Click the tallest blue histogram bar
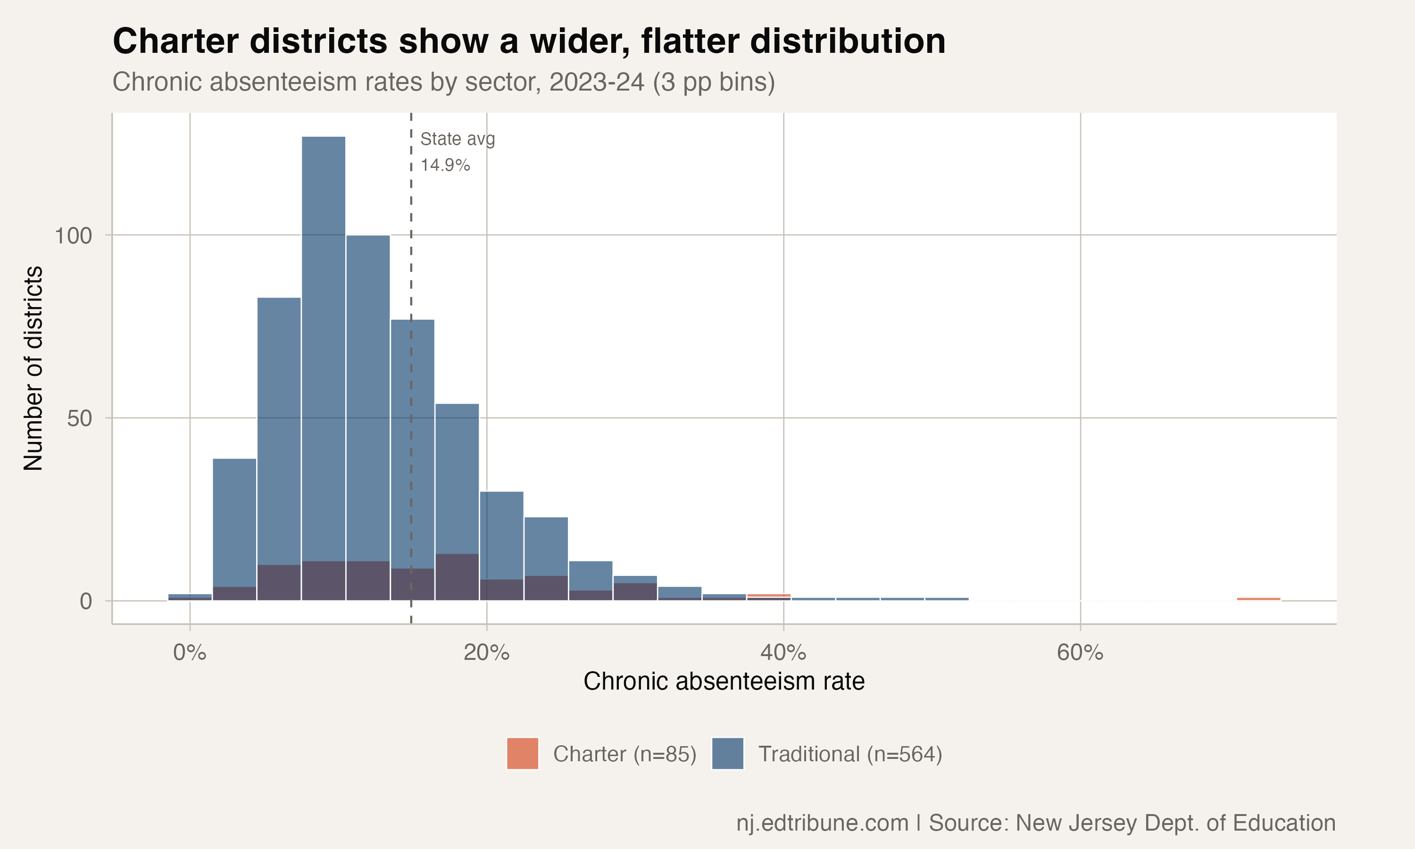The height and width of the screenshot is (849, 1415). [323, 343]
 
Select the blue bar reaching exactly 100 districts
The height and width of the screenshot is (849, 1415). [368, 395]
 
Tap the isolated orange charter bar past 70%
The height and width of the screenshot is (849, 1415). [1258, 599]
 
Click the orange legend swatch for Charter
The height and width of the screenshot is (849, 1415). [522, 753]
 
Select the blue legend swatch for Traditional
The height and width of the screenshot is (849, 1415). [727, 753]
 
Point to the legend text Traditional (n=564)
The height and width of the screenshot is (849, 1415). [850, 754]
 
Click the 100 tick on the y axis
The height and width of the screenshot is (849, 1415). [73, 235]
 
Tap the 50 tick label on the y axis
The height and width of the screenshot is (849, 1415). [79, 418]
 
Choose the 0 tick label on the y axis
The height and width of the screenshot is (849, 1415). [86, 601]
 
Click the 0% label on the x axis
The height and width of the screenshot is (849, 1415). [189, 652]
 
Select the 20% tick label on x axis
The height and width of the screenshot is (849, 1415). [486, 652]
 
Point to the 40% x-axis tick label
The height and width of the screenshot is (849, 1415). [783, 652]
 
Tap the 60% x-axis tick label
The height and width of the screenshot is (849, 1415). [1080, 652]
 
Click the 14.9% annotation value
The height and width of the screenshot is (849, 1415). [445, 166]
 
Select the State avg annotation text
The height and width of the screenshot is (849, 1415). [458, 139]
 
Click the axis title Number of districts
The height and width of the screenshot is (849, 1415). [33, 368]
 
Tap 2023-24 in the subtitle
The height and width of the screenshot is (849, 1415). [597, 82]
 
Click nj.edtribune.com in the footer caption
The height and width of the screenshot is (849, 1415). [822, 823]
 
